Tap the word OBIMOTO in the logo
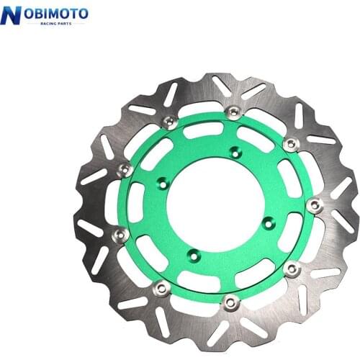[53, 13]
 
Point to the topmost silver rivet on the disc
[233, 112]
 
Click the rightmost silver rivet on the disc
[313, 205]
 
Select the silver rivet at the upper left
[169, 122]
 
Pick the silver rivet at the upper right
[290, 144]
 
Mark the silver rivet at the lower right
[292, 269]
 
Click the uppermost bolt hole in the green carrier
[234, 152]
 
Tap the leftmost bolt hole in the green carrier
[163, 184]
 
